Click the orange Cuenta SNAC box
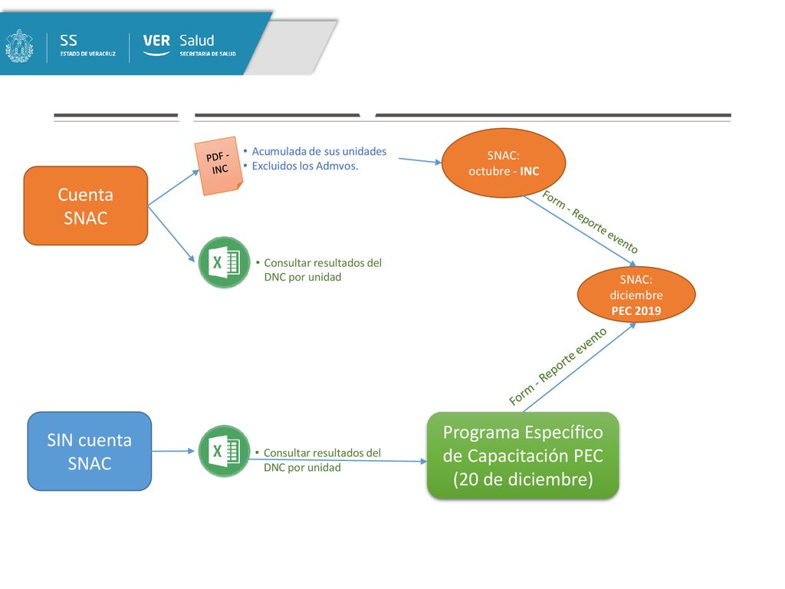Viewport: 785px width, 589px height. coord(86,206)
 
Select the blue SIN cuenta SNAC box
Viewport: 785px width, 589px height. coord(90,451)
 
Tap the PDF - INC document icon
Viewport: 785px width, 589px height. coord(218,166)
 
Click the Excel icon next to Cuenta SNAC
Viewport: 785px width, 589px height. coord(224,262)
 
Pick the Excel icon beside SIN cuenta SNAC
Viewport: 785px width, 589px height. coord(224,451)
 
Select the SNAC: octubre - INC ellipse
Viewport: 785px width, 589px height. coord(504,163)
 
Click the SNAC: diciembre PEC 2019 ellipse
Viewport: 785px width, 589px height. coord(636,294)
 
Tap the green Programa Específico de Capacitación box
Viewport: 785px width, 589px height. coord(523,456)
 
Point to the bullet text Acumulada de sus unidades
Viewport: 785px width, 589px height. coord(319,151)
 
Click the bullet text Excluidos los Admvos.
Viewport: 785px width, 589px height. coord(305,166)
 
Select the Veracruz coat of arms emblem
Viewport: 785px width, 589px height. coord(19,45)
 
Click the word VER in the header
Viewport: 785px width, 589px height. coord(156,41)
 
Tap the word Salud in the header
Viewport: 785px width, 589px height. coord(197,41)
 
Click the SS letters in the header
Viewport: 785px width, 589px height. coord(68,41)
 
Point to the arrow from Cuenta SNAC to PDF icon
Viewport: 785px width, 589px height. coord(174,188)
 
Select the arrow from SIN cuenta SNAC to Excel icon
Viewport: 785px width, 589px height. coord(173,451)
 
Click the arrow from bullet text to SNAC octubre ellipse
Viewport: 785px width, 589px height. coord(420,160)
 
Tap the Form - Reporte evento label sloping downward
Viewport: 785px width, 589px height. coord(590,222)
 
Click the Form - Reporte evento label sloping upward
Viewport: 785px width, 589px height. coord(558,366)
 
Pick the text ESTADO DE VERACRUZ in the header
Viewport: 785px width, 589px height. coord(88,54)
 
